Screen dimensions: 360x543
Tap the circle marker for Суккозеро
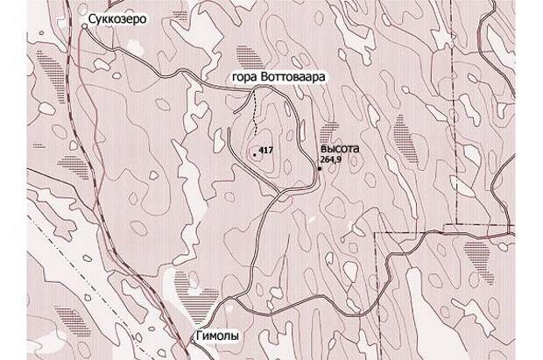click(85, 25)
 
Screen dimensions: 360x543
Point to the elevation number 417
click(267, 151)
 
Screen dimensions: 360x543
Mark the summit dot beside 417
click(255, 153)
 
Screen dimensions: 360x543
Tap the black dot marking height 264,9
click(319, 168)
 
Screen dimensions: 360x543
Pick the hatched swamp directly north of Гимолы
click(197, 303)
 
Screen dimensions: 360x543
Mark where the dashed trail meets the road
click(255, 90)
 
